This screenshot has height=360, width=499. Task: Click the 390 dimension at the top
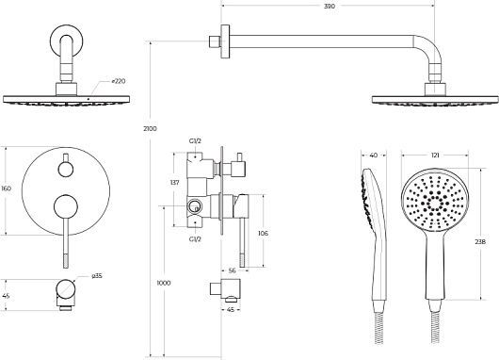(330, 6)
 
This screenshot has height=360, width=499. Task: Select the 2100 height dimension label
(150, 129)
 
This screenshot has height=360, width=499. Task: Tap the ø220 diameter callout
(119, 81)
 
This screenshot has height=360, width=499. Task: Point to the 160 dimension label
(6, 188)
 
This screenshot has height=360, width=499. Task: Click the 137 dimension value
(175, 183)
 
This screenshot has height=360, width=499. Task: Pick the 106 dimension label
(263, 233)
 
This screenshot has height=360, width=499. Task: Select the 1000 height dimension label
(164, 283)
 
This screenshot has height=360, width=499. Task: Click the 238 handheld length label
(480, 242)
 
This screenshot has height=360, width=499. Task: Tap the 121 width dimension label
(435, 155)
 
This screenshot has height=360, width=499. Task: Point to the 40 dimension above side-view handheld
(374, 155)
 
